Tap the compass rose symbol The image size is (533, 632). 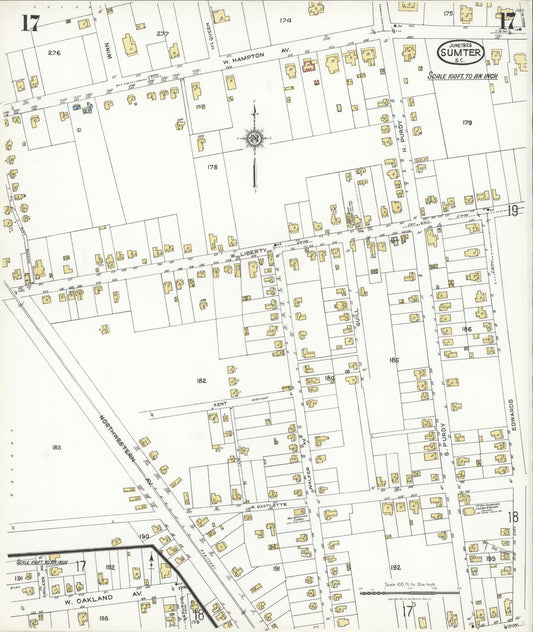(254, 138)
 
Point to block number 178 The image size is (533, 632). (212, 167)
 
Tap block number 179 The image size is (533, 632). (466, 122)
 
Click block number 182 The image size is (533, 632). (201, 381)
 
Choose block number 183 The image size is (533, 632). (56, 447)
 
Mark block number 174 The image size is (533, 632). (285, 20)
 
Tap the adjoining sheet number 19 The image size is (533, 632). (512, 210)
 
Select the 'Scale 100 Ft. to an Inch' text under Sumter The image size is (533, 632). (462, 75)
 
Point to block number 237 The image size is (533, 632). (162, 32)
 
